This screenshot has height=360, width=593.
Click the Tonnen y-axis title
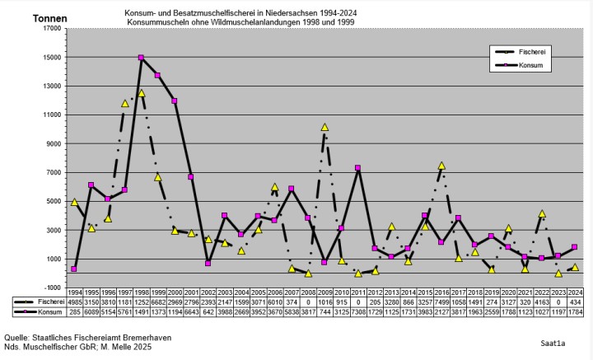[x=50, y=18]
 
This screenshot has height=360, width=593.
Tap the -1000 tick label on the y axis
[x=53, y=288]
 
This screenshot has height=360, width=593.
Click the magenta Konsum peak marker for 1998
[x=141, y=58]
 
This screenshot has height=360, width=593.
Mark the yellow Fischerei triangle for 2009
[x=325, y=128]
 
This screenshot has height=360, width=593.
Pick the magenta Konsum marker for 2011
[x=358, y=168]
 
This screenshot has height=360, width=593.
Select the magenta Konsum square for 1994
[x=74, y=269]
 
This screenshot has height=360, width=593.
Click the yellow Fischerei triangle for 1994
[x=74, y=202]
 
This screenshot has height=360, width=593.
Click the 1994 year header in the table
[x=74, y=293]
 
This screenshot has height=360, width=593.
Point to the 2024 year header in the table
[x=575, y=293]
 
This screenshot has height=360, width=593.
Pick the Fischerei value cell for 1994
[x=74, y=302]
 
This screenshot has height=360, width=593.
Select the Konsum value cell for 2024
[x=575, y=312]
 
